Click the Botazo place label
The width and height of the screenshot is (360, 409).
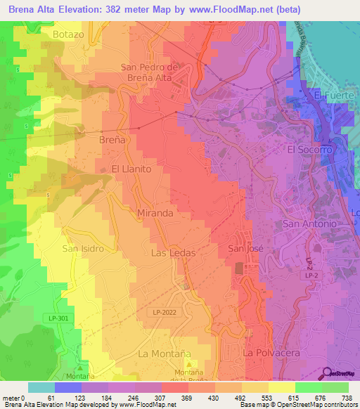[68, 34]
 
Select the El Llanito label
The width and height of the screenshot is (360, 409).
[131, 169]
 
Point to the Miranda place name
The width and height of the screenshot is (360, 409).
[156, 212]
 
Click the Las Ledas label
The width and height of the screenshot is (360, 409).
[173, 251]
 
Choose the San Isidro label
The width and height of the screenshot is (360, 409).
[83, 249]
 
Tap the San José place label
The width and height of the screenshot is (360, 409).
[245, 249]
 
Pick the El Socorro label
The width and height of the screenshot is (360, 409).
[308, 150]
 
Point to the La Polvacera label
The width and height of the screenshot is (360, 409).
[266, 351]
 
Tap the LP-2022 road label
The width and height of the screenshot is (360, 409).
[165, 311]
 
